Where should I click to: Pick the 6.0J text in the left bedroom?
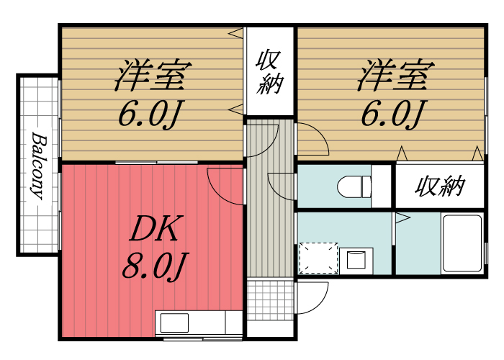pos(152,114)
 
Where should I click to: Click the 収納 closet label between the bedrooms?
pos(269,71)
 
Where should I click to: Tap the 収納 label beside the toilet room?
pos(440,186)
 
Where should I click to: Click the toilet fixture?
pos(354,186)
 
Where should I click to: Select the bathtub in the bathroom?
pos(462,243)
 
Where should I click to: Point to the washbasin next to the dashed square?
pos(356,259)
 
